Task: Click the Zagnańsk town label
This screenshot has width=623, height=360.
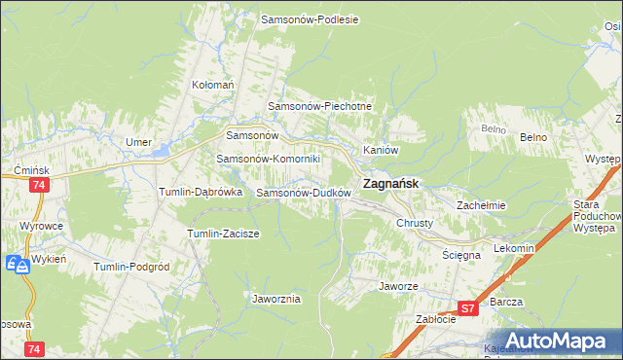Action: (x=391, y=183)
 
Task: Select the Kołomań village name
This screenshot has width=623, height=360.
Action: (x=213, y=86)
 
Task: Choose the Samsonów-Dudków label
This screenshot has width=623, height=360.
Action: (x=303, y=193)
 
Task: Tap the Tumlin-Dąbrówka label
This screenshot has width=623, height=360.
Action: (x=201, y=193)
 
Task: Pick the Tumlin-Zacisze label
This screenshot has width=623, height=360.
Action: (x=222, y=234)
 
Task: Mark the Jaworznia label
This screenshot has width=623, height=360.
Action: (x=275, y=299)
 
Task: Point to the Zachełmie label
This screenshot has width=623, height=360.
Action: (x=482, y=205)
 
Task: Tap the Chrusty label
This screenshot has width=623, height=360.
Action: (x=421, y=223)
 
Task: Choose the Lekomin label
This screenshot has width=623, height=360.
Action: (x=515, y=248)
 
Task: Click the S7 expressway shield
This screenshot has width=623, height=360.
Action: (x=468, y=308)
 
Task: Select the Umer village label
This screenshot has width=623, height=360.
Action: (x=138, y=142)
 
